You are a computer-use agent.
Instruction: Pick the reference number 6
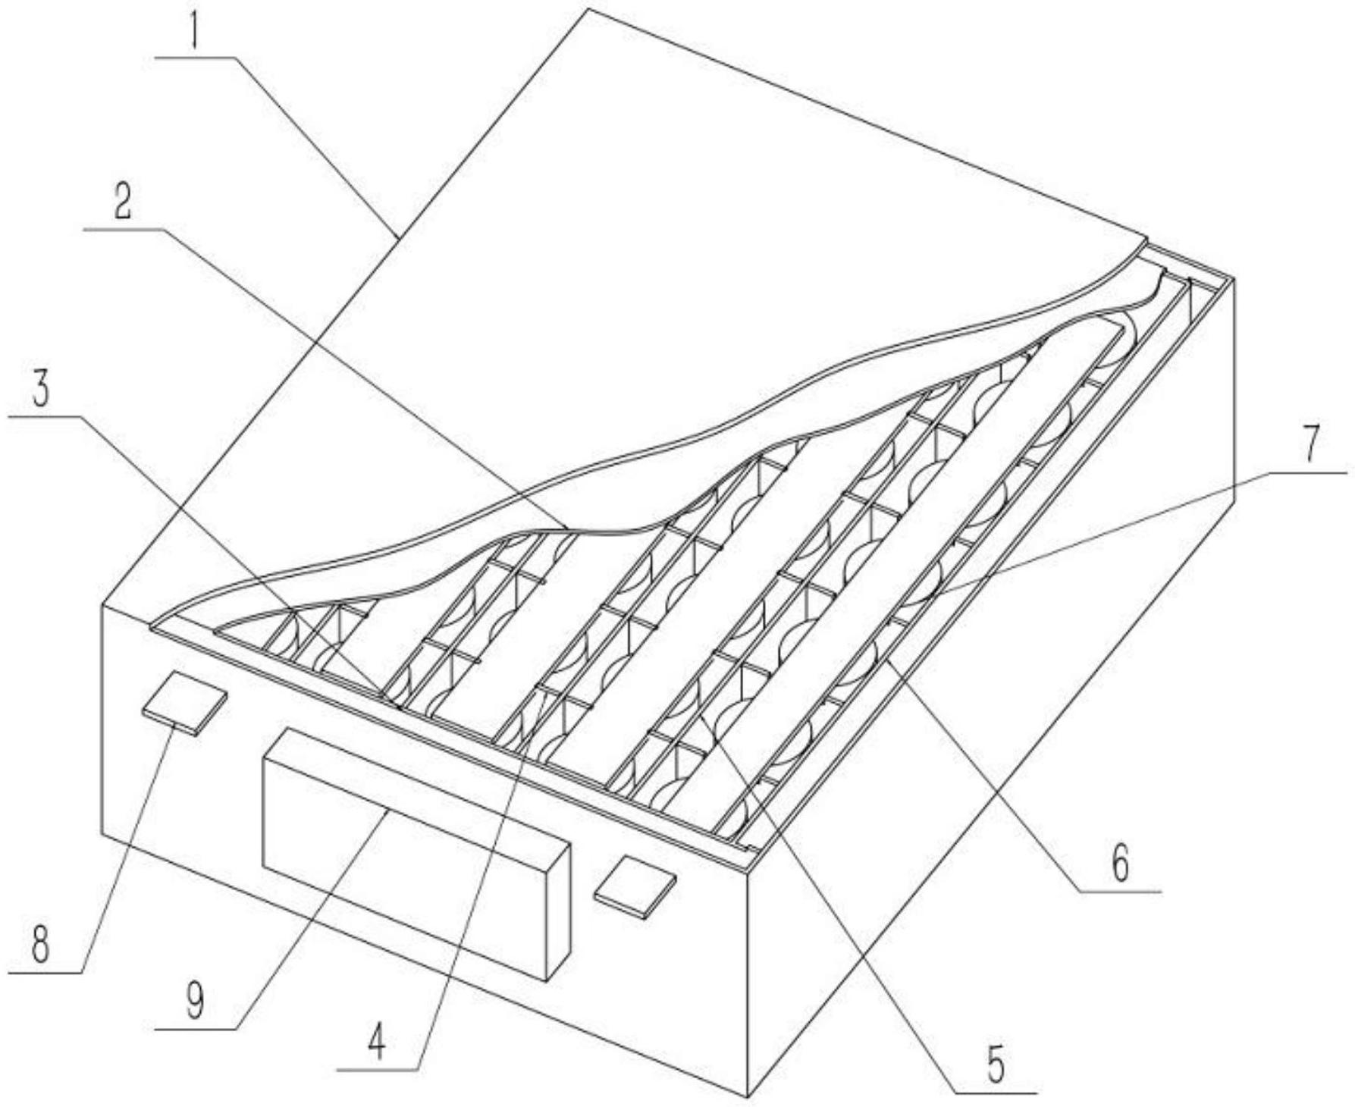[x=1120, y=864]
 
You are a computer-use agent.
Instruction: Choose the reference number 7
[x=1312, y=445]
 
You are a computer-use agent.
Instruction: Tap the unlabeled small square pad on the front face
[x=635, y=886]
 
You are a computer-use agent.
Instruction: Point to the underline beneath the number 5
[x=995, y=1093]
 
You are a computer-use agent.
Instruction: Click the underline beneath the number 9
[x=196, y=1029]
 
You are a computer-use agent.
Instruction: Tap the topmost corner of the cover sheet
[x=589, y=9]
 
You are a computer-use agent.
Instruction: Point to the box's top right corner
[x=1234, y=279]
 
